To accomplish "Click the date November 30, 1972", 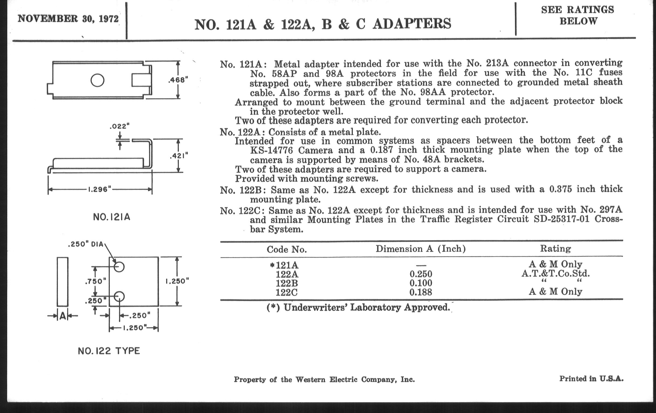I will click(68, 19).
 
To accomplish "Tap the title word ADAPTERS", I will click(412, 24).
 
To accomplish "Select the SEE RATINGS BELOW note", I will click(578, 15).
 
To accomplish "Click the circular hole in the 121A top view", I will click(97, 80).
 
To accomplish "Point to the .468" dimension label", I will click(178, 80).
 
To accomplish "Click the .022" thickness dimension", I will click(119, 126).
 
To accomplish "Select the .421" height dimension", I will click(179, 156).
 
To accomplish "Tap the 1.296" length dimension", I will click(100, 189).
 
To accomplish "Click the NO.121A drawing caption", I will click(111, 217).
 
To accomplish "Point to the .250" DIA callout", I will click(86, 244).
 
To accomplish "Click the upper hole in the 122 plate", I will click(119, 266).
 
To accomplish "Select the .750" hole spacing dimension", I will click(95, 281).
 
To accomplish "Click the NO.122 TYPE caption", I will click(109, 351).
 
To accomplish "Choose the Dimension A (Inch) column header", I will click(421, 249).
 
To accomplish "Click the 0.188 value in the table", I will click(421, 292).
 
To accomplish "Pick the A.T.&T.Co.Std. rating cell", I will click(555, 273).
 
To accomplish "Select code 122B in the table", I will click(286, 283).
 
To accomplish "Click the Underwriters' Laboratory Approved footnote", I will click(358, 307).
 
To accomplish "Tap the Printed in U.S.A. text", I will click(591, 379).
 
